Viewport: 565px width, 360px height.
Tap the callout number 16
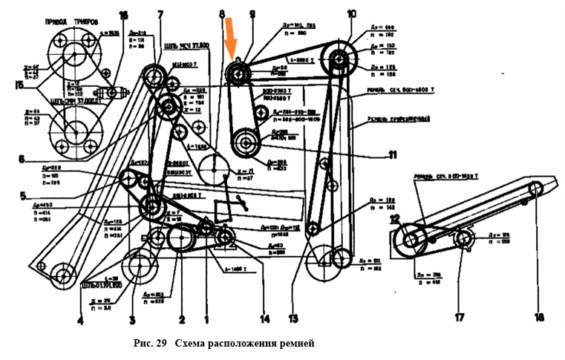(x=123, y=15)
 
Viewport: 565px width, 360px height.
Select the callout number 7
(x=160, y=15)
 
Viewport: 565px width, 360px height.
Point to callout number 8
(x=221, y=15)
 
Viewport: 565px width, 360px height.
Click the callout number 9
(x=252, y=15)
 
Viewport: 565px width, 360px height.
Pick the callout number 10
(x=351, y=14)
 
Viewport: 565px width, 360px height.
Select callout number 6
(x=22, y=158)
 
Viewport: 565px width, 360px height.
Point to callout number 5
(x=22, y=197)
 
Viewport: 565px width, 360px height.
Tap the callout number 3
(x=132, y=321)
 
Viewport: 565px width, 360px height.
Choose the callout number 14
(x=264, y=321)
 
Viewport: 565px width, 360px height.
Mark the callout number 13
(x=293, y=319)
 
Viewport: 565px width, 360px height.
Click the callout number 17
(x=458, y=318)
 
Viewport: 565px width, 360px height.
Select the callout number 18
(x=539, y=317)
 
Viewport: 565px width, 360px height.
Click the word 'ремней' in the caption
(x=297, y=344)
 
